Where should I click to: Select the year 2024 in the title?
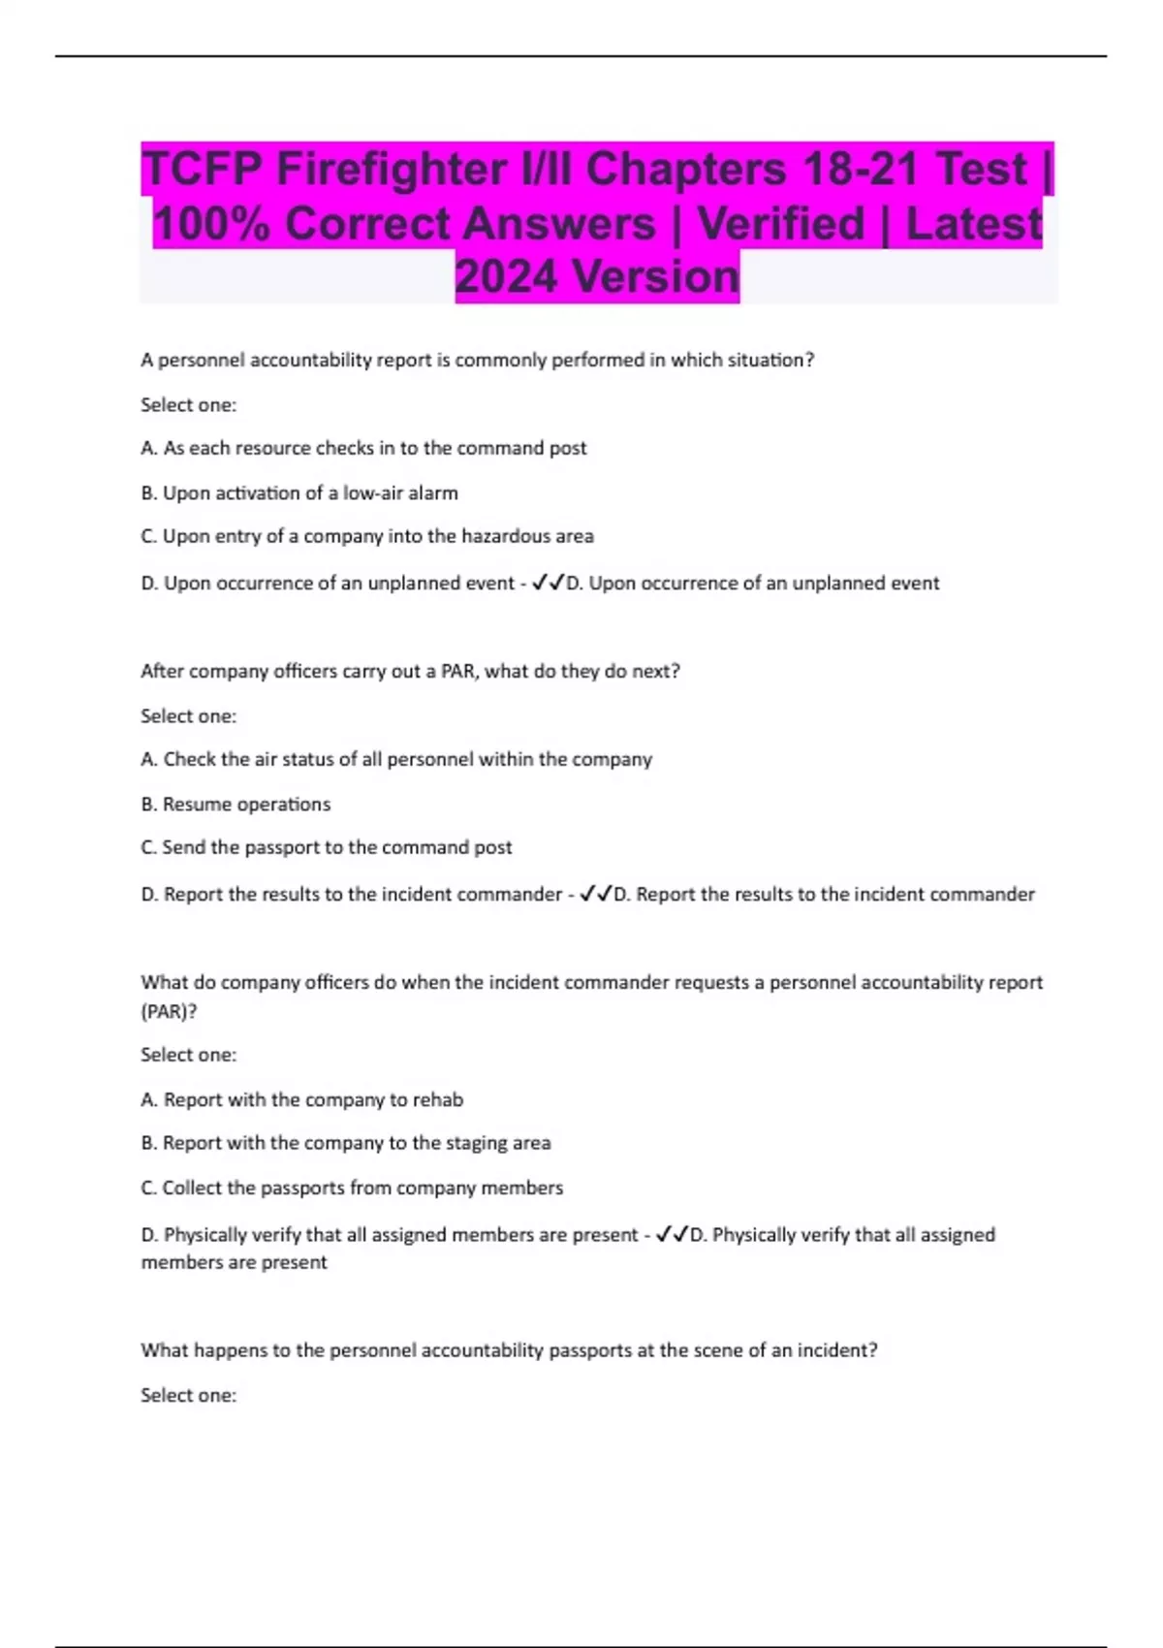click(x=506, y=277)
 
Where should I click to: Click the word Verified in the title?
click(x=780, y=224)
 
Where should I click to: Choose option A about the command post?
click(x=363, y=448)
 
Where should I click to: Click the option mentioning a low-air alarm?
click(x=299, y=492)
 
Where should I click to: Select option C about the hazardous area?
click(x=367, y=536)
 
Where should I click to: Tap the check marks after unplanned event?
click(x=549, y=583)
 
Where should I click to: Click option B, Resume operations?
click(x=236, y=804)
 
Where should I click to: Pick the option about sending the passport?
click(x=327, y=847)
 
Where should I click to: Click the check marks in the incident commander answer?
click(x=596, y=894)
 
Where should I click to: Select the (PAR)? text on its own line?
click(x=169, y=1011)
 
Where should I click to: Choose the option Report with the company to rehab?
click(x=302, y=1099)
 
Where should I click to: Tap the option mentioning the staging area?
click(x=346, y=1143)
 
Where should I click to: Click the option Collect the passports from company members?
click(x=352, y=1188)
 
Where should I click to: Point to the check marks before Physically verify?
click(x=672, y=1234)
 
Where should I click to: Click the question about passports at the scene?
click(x=509, y=1350)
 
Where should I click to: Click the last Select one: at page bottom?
click(x=188, y=1395)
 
